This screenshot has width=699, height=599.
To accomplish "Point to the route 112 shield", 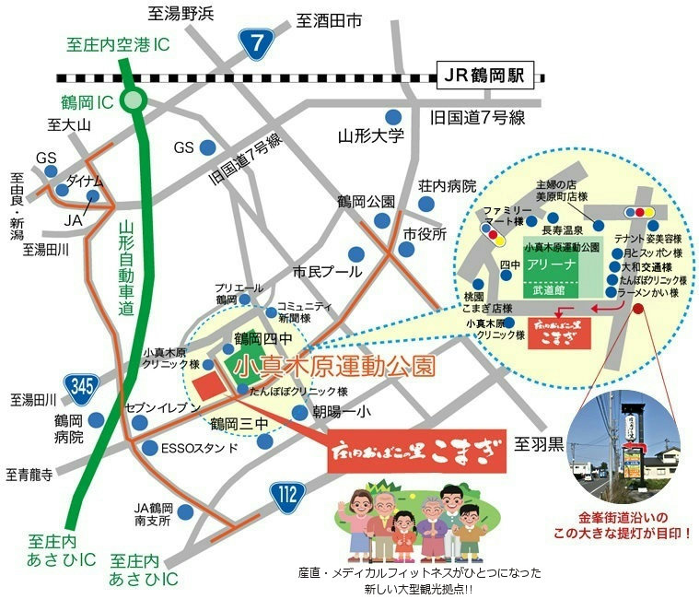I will tap(289, 497).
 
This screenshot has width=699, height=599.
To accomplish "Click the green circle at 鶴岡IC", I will tap(134, 100).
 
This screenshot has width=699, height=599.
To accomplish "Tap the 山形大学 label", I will tap(370, 137).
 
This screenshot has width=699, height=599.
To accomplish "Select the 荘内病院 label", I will tap(447, 186).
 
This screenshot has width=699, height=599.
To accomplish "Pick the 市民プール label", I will tap(328, 273).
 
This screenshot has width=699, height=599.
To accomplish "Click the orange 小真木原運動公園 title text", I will tap(334, 366).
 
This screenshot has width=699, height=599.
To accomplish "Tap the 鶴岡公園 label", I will tap(366, 202).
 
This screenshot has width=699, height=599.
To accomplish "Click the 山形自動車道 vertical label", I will tap(126, 271).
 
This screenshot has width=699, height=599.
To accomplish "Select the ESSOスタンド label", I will tap(200, 449).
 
